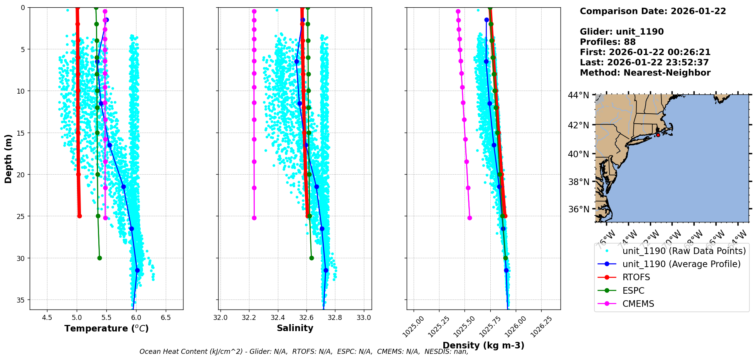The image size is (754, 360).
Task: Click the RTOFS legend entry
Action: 636,278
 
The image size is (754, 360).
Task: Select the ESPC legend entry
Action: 633,291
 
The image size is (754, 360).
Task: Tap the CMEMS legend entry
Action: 638,304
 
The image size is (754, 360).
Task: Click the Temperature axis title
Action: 106,328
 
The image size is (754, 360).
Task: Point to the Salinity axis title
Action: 295,328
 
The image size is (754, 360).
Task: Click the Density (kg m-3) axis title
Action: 483,345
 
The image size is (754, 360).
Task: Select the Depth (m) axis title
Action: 8,159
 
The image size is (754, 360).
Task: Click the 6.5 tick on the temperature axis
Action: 166,318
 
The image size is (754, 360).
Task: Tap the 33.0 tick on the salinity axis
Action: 364,318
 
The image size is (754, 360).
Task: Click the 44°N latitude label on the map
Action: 579,95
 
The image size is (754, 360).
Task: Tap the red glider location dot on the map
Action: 658,135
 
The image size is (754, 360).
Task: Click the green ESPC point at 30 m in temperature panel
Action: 99,258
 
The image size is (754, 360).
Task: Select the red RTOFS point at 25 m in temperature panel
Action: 79,216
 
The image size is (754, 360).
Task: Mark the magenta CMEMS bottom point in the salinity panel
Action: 254,218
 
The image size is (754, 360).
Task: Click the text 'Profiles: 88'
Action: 608,42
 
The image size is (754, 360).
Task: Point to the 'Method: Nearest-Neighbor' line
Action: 645,73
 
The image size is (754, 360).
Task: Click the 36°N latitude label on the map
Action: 579,209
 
